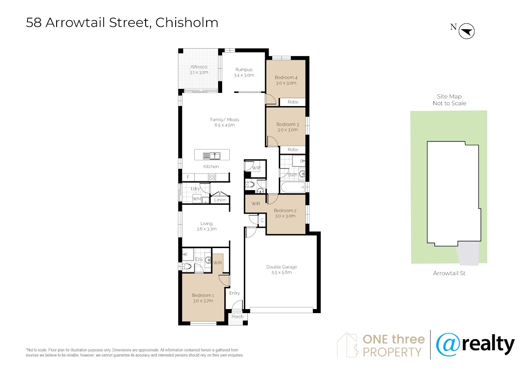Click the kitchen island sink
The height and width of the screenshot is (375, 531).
(x=212, y=156)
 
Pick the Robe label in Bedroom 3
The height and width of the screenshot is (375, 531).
(x=293, y=150)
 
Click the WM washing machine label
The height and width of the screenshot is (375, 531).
(x=196, y=199)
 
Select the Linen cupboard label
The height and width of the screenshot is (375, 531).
(x=220, y=200)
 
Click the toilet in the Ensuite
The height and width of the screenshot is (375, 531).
(x=187, y=267)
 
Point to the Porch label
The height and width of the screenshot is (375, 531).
(x=237, y=317)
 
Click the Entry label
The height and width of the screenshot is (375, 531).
(x=235, y=293)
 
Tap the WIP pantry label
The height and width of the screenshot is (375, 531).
(x=256, y=168)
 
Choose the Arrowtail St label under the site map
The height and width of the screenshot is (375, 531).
(x=449, y=273)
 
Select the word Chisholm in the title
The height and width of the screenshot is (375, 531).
(x=187, y=23)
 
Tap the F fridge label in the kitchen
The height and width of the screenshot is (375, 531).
(x=188, y=177)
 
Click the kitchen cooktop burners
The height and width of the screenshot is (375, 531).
(x=212, y=177)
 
